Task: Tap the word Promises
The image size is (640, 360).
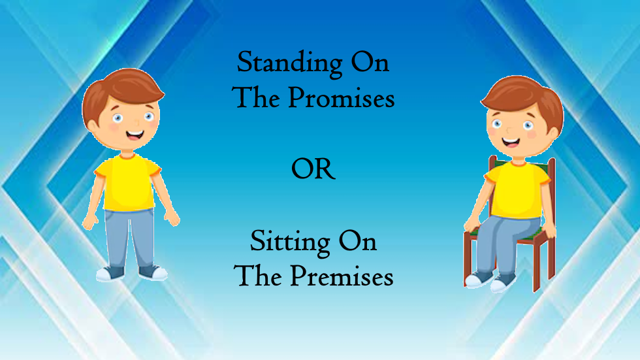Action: (342, 99)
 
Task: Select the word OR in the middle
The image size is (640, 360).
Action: (313, 170)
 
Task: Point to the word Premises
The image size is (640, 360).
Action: (342, 277)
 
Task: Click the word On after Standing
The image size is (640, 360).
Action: (370, 63)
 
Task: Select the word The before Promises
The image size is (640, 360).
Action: (257, 98)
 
